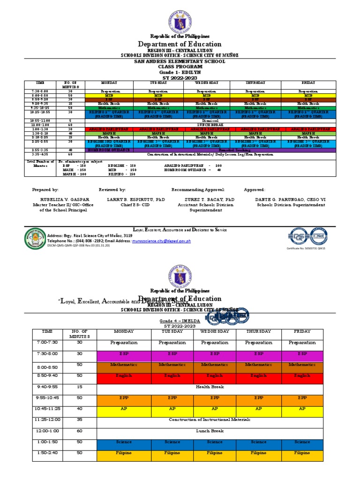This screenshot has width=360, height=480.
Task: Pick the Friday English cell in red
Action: coord(302,375)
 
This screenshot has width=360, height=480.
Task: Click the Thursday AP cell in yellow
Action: coord(258,409)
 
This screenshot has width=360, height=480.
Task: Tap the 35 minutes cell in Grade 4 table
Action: coord(79,420)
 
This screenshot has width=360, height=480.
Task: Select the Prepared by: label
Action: coord(45,190)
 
